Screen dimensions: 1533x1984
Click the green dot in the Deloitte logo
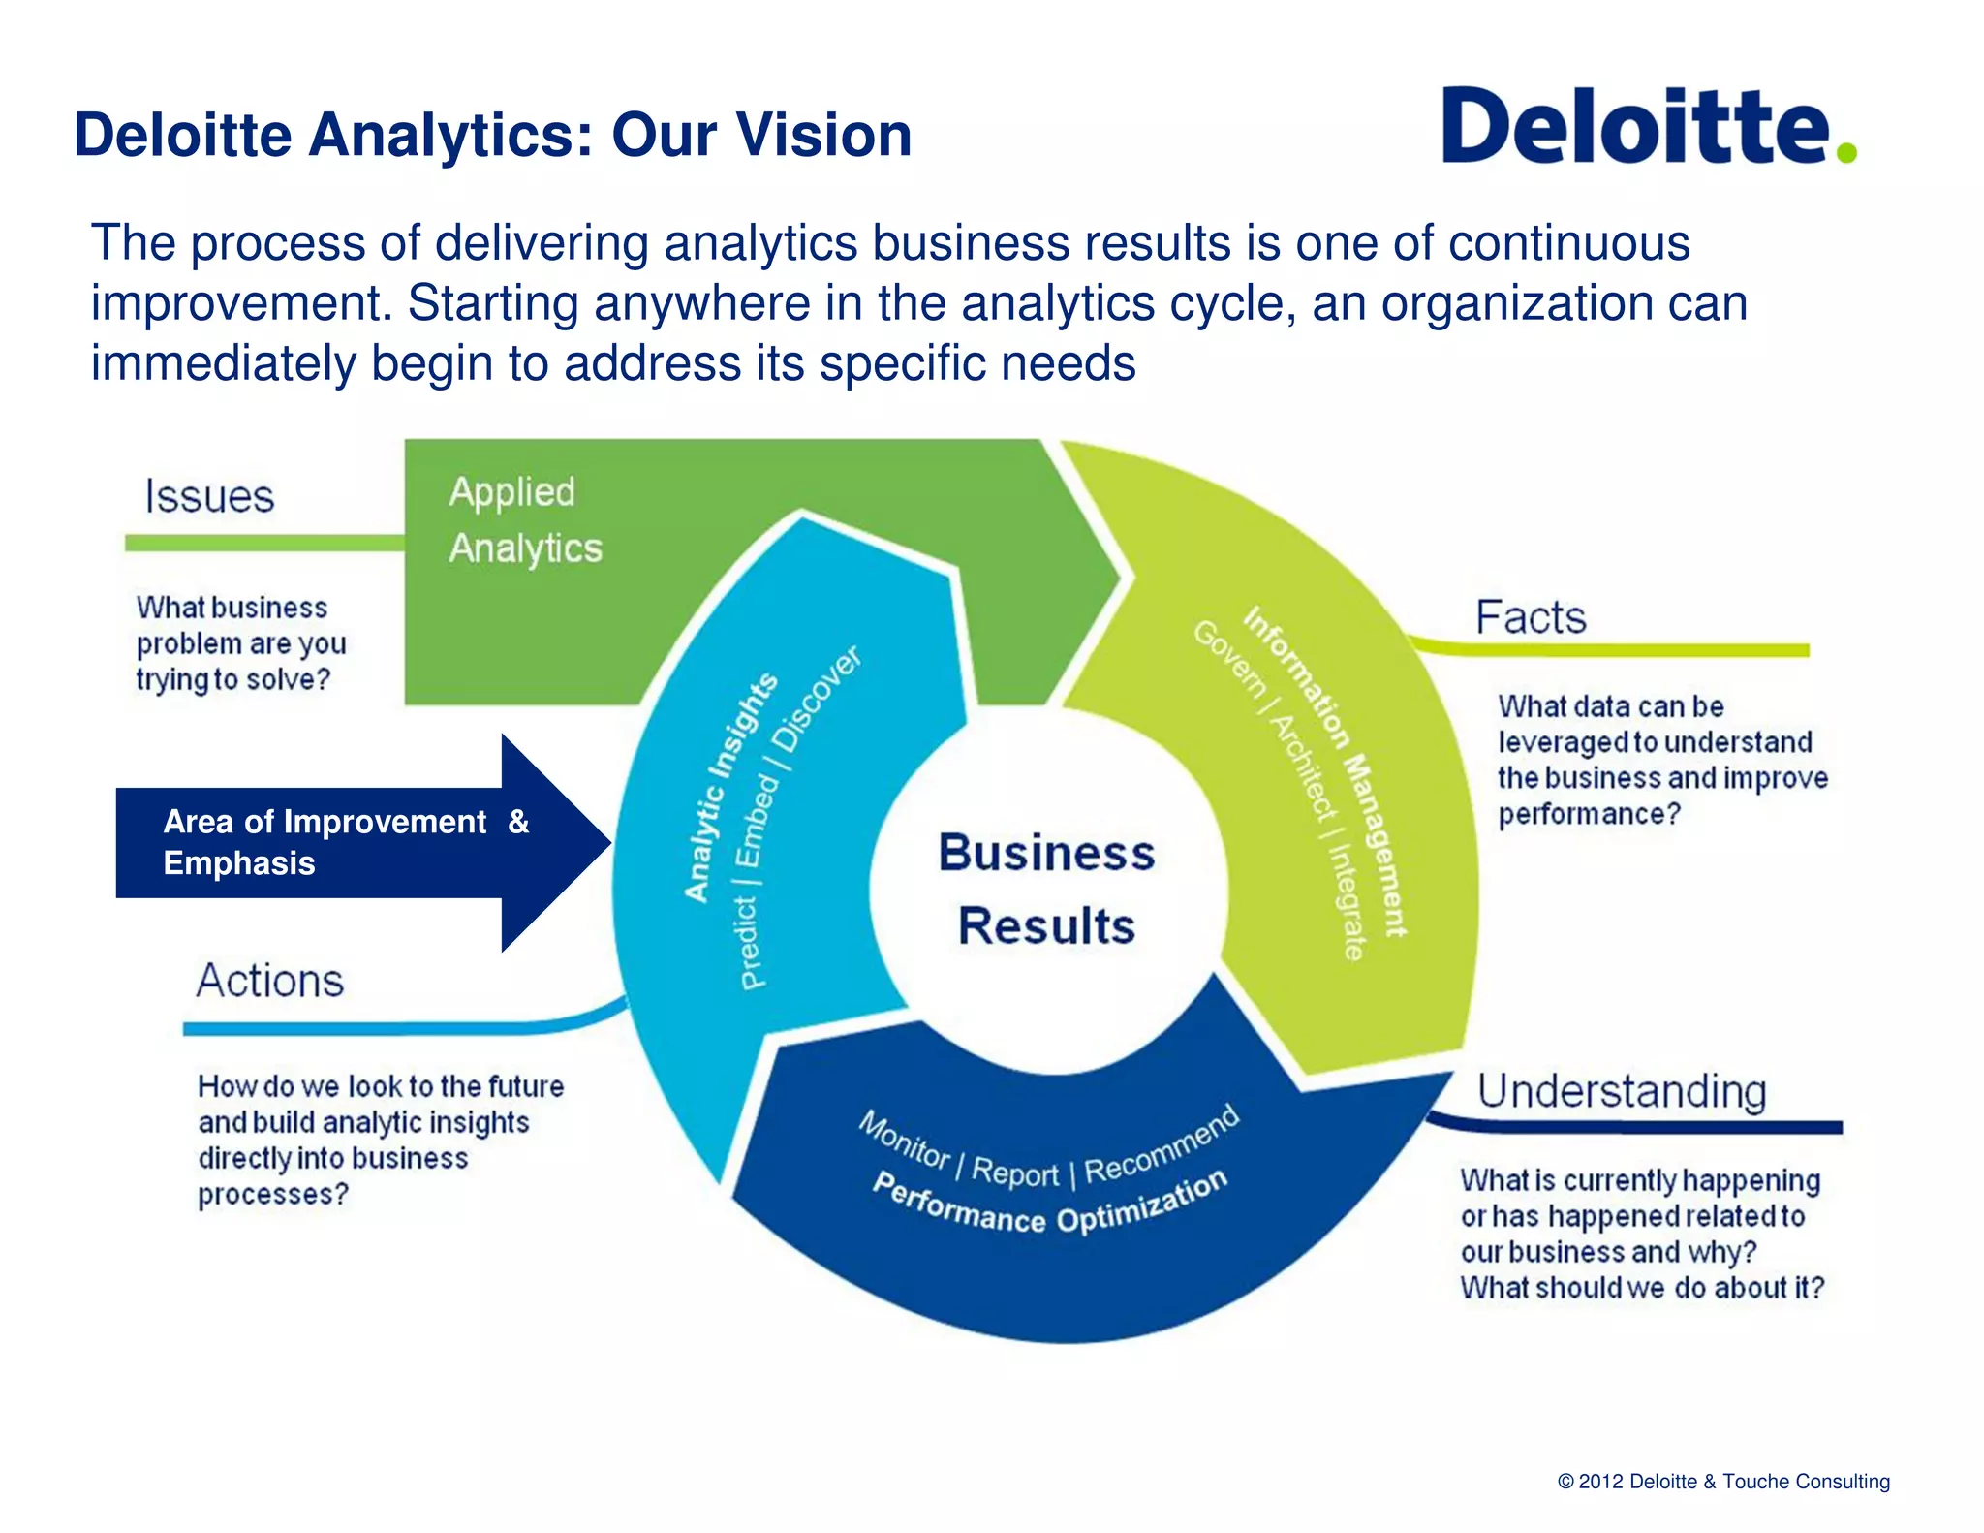point(1845,152)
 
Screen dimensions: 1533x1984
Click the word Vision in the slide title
point(823,135)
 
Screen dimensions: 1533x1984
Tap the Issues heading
point(209,496)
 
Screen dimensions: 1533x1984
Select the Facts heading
point(1530,617)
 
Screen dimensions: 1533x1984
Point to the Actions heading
point(270,981)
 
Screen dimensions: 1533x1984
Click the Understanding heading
point(1622,1091)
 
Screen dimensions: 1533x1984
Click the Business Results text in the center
point(1046,889)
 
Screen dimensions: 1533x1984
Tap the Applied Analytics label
point(524,520)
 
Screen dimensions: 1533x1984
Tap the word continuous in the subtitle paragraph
point(1568,242)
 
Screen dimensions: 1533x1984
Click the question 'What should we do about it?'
point(1641,1288)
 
